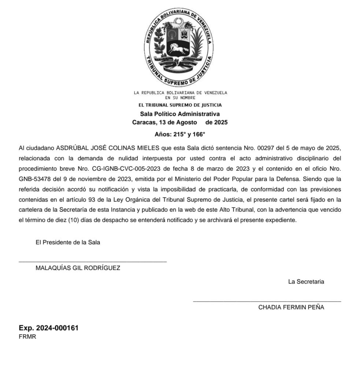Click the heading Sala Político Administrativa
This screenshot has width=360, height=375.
(180, 114)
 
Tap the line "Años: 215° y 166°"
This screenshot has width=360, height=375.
(180, 134)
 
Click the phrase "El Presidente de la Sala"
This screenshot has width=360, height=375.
(68, 242)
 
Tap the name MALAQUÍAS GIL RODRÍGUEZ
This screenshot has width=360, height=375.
(78, 268)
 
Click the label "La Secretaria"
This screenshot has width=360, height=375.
(306, 282)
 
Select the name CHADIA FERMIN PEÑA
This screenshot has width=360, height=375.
(291, 307)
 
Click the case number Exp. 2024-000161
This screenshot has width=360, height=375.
(48, 328)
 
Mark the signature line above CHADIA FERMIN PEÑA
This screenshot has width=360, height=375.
(267, 301)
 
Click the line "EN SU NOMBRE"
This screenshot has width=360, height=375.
(180, 98)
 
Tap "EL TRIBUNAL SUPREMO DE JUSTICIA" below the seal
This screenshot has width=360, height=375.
(180, 105)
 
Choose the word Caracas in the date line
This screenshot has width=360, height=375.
(144, 122)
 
